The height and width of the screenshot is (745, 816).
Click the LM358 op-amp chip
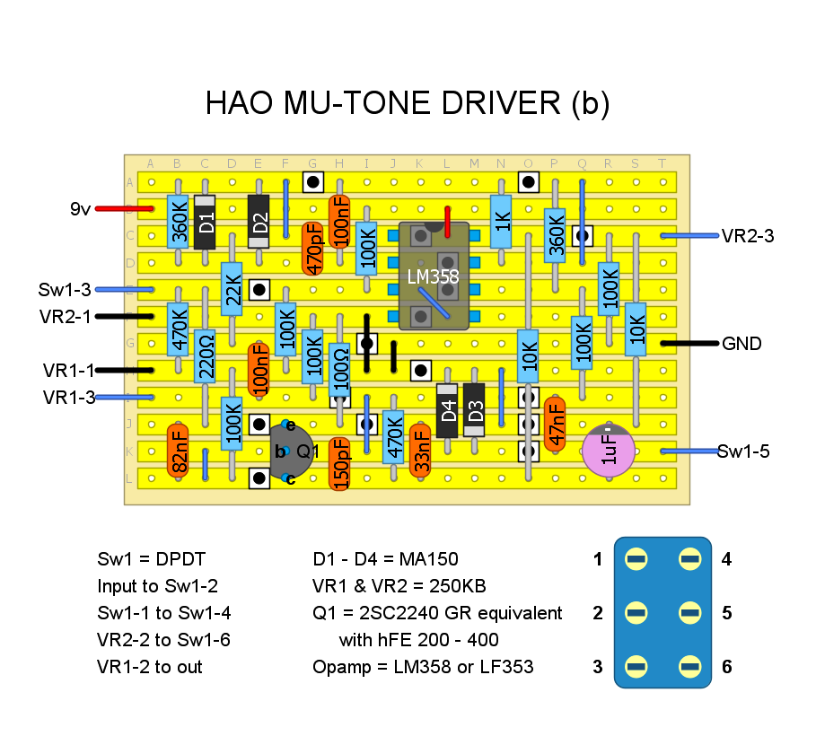click(433, 276)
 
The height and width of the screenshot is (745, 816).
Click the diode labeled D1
click(206, 222)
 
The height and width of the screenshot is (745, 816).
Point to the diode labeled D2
click(259, 222)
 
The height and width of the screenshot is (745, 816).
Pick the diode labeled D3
click(475, 410)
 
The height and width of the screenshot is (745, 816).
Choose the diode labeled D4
click(447, 410)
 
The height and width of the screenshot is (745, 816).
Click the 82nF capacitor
click(178, 451)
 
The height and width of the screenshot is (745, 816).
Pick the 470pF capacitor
click(312, 249)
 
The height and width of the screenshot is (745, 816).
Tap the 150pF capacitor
click(340, 464)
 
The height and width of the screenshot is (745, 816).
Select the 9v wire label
click(81, 209)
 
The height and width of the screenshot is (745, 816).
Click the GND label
click(741, 344)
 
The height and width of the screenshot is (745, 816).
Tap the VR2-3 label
click(747, 236)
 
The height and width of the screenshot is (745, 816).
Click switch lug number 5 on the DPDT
click(689, 614)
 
